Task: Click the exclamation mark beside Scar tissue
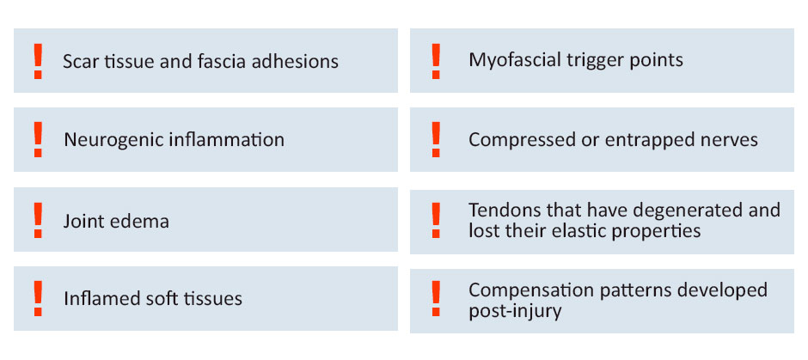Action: tap(38, 61)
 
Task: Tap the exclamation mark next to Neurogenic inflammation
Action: tap(38, 139)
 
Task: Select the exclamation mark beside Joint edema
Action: tap(38, 220)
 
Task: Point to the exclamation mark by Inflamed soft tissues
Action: tap(38, 299)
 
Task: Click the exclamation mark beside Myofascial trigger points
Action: tap(436, 61)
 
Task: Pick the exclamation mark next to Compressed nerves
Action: tap(436, 139)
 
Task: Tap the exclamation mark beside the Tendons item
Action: tap(436, 220)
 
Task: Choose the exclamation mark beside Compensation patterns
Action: tap(436, 299)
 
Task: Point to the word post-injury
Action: tap(515, 312)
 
